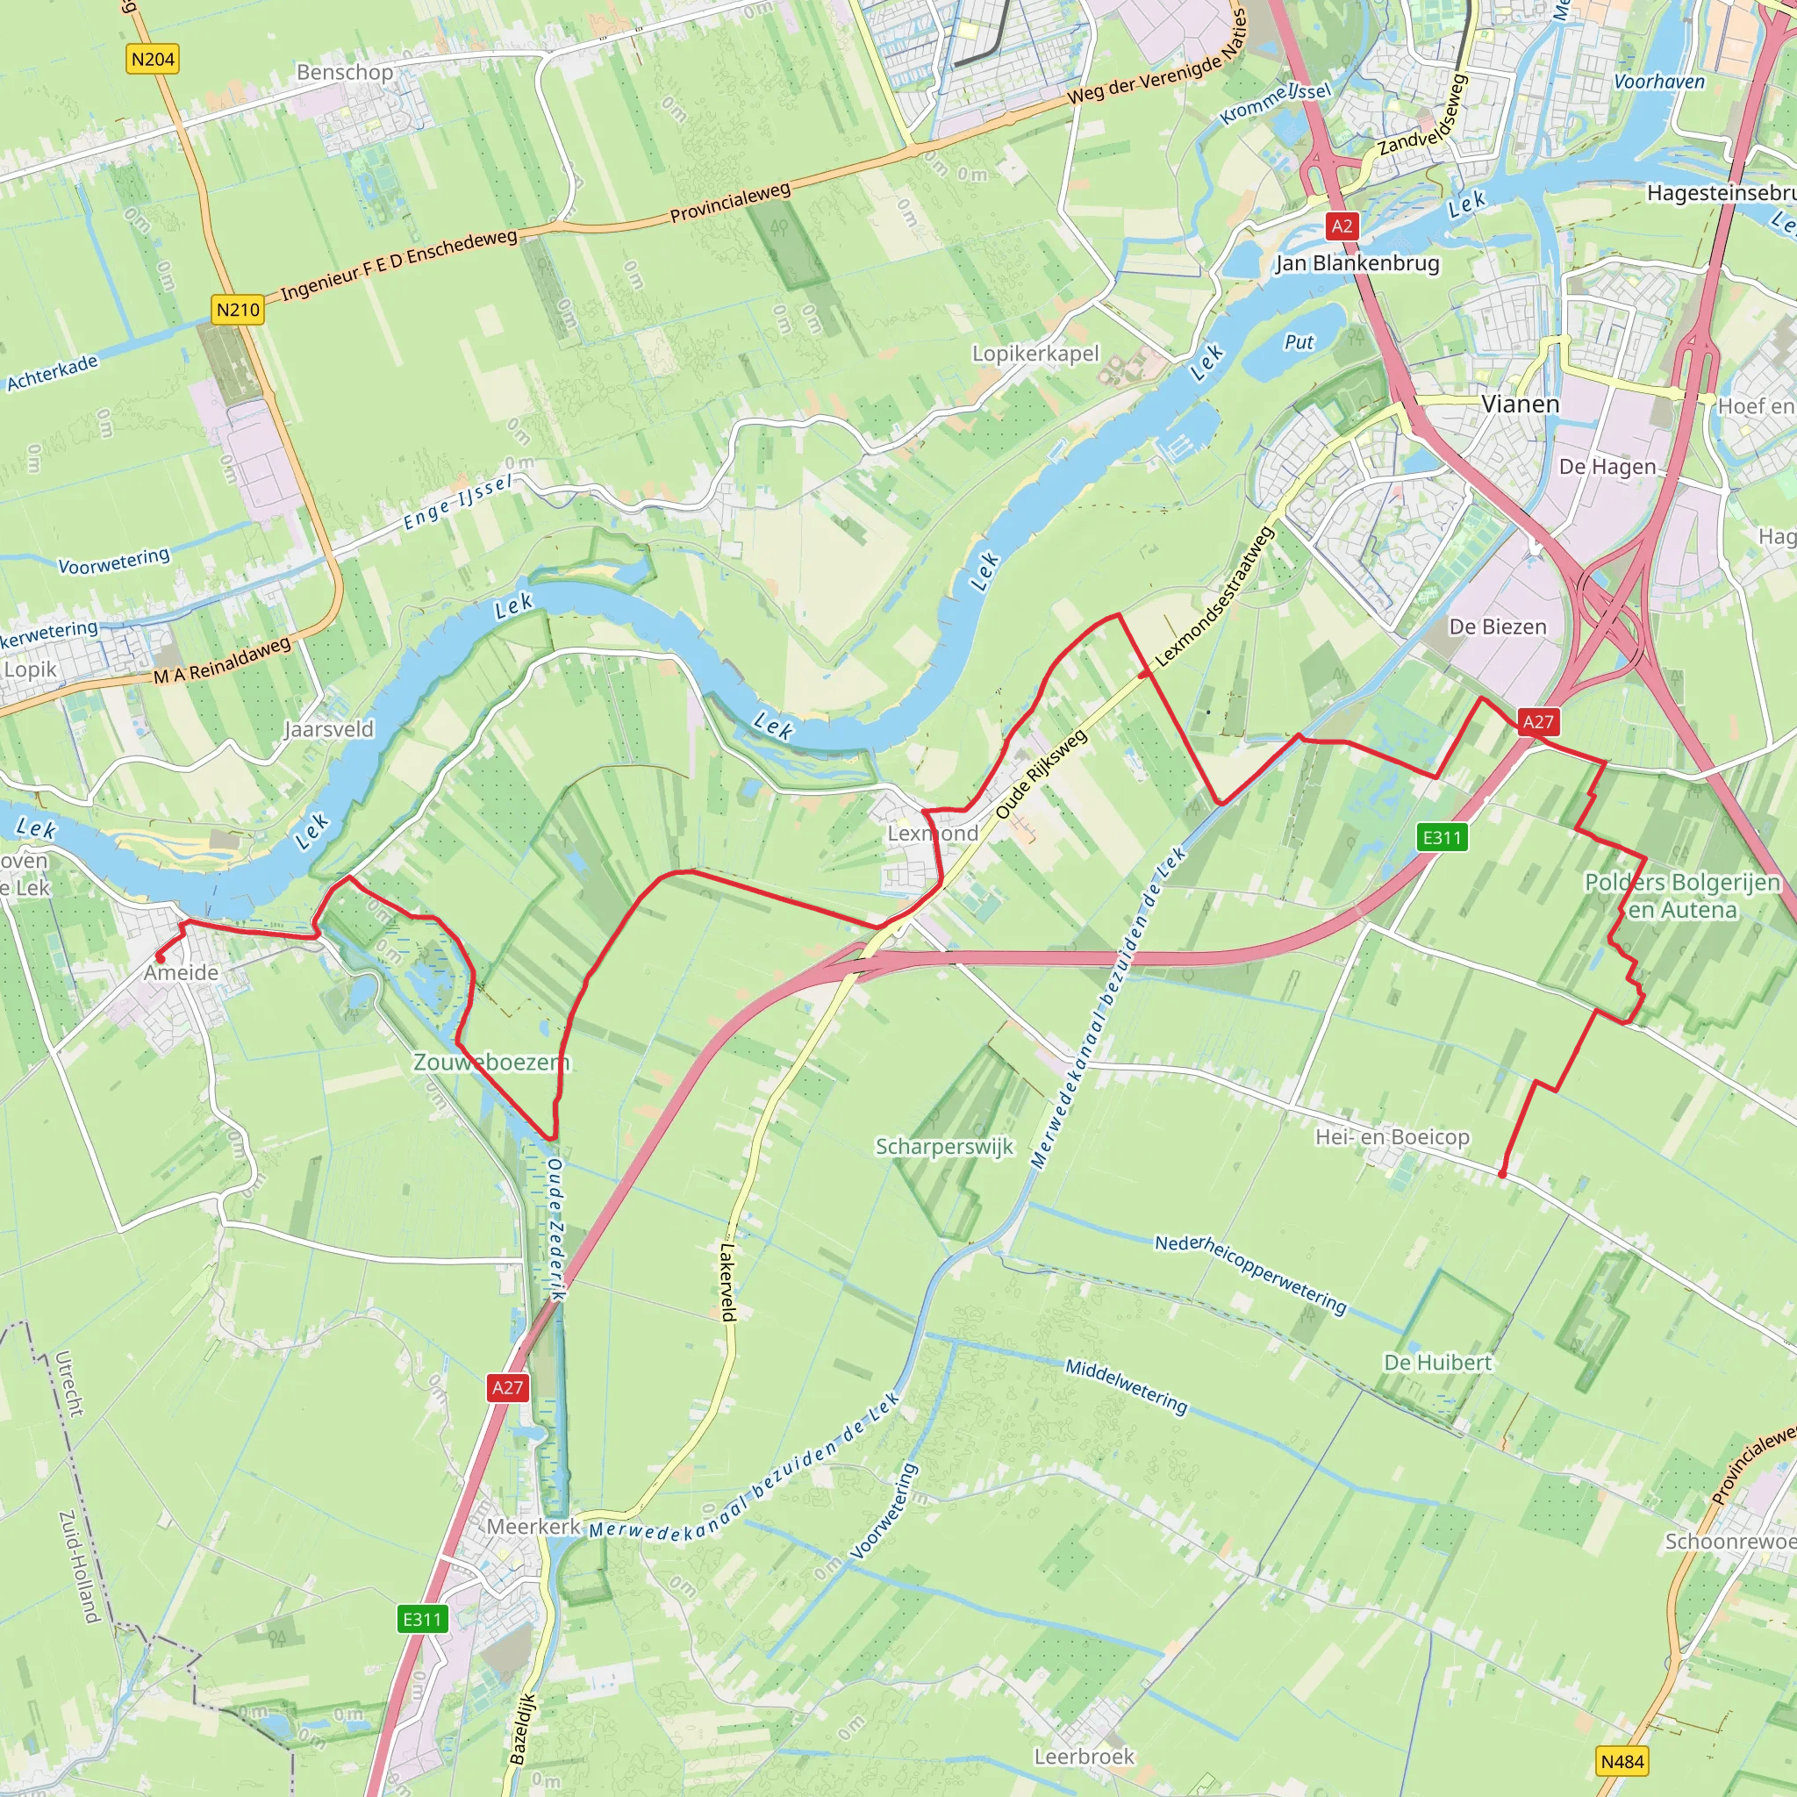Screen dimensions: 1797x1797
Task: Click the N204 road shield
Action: [153, 60]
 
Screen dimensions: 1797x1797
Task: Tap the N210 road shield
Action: [238, 310]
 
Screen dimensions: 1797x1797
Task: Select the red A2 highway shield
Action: [1342, 226]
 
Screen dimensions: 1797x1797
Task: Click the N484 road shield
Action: [1623, 1761]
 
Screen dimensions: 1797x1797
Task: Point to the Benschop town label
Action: [344, 73]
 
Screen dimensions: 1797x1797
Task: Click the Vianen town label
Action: [1520, 404]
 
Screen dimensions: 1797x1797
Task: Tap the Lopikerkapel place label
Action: [1035, 354]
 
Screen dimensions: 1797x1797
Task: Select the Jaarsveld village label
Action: [329, 729]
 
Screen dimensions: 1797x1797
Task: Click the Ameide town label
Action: [182, 973]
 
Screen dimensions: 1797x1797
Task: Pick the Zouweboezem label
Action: [490, 1063]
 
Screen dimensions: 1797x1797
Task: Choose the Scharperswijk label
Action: [944, 1147]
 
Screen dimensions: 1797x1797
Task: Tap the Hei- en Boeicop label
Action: [1392, 1136]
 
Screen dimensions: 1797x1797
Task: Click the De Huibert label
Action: [1438, 1363]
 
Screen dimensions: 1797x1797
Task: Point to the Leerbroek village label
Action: [1085, 1756]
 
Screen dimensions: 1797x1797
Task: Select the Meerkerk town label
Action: [533, 1527]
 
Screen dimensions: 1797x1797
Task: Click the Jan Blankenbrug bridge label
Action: [1357, 263]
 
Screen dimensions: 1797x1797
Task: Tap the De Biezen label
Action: [1498, 626]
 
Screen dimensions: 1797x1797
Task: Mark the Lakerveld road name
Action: [728, 1283]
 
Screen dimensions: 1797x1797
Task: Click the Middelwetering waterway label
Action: [1127, 1385]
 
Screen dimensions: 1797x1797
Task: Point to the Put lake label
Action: [1299, 342]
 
